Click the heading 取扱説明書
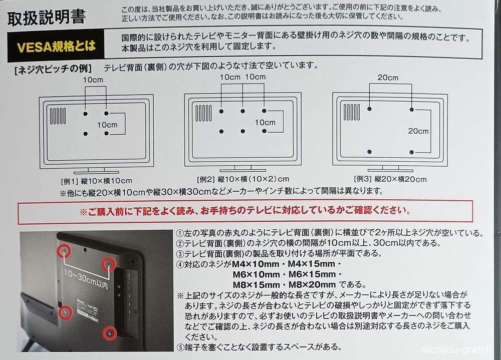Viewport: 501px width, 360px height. pyautogui.click(x=46, y=18)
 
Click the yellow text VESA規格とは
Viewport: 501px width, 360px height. pyautogui.click(x=56, y=47)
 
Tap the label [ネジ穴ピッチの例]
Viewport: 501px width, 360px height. pyautogui.click(x=53, y=69)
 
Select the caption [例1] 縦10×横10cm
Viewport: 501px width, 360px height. pyautogui.click(x=97, y=181)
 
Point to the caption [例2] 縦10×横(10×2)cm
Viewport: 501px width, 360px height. pyautogui.click(x=243, y=179)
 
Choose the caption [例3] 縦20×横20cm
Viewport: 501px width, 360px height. pyautogui.click(x=390, y=179)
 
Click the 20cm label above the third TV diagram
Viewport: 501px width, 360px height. pyautogui.click(x=388, y=78)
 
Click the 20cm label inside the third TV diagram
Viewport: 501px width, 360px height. pyautogui.click(x=418, y=131)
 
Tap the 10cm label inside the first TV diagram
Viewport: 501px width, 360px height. pyautogui.click(x=107, y=125)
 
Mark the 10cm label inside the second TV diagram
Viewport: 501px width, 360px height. pyautogui.click(x=265, y=122)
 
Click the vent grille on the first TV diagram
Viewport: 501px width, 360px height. pyautogui.click(x=58, y=116)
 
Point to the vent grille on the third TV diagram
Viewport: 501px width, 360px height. pyautogui.click(x=352, y=112)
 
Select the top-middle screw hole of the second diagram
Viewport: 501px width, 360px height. pyautogui.click(x=243, y=111)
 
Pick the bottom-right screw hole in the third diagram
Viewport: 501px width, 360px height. pyautogui.click(x=411, y=152)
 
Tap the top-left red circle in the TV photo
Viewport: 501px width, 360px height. pyautogui.click(x=64, y=251)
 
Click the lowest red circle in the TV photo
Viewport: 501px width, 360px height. pyautogui.click(x=109, y=333)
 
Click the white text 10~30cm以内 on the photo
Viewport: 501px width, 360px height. pyautogui.click(x=86, y=279)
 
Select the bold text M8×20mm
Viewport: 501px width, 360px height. pyautogui.click(x=312, y=284)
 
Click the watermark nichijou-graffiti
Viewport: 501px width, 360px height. pyautogui.click(x=456, y=350)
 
